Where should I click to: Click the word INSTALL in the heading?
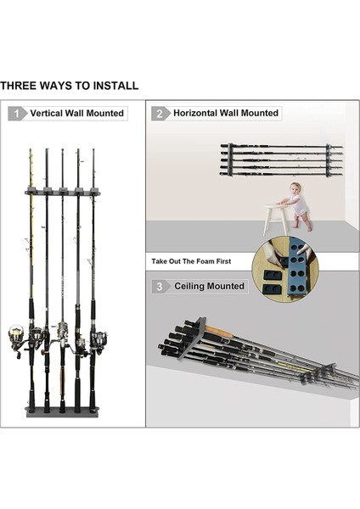click(115, 86)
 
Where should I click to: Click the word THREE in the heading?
click(18, 86)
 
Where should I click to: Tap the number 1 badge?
click(17, 114)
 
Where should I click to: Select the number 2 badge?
click(160, 114)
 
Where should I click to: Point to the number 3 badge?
click(160, 287)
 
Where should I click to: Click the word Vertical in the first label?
click(46, 114)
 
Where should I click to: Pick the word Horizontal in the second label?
click(195, 113)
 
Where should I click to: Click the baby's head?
click(295, 188)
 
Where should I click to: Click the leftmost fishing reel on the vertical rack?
click(17, 338)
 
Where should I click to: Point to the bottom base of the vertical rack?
click(63, 411)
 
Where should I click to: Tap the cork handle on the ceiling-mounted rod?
click(219, 331)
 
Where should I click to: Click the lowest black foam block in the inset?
click(273, 288)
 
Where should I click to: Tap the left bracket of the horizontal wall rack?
click(230, 159)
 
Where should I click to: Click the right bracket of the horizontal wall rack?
click(329, 160)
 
